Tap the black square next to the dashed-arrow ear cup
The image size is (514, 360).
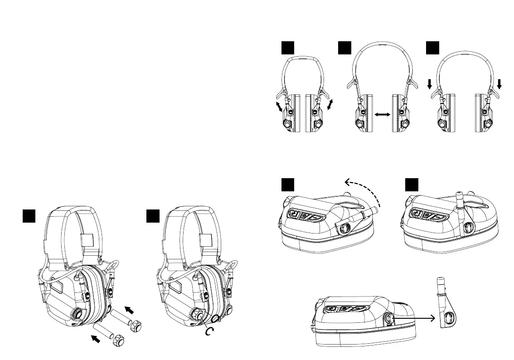click(287, 185)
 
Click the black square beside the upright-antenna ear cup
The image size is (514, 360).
click(412, 185)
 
